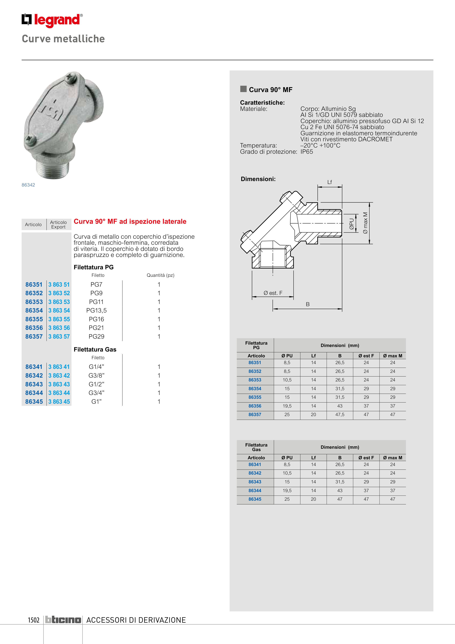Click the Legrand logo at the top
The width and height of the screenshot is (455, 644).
[x=52, y=20]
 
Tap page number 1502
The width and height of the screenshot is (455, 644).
[x=34, y=620]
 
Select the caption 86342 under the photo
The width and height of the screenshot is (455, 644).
[x=28, y=185]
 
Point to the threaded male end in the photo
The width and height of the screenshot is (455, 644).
[x=53, y=169]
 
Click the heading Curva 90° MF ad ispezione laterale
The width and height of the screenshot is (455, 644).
[x=130, y=221]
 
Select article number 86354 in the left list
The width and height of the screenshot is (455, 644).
[x=34, y=311]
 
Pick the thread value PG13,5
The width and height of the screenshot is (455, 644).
[x=96, y=311]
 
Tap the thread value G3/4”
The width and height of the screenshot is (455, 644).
[x=96, y=393]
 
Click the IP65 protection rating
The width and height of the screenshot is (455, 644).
[x=307, y=152]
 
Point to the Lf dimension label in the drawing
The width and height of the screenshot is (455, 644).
[x=330, y=182]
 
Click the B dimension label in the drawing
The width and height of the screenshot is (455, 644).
[x=308, y=304]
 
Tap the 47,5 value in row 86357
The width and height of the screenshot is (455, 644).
[x=340, y=415]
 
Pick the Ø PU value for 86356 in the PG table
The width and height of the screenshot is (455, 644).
[x=287, y=406]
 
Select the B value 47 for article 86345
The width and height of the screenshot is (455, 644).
[x=340, y=499]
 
